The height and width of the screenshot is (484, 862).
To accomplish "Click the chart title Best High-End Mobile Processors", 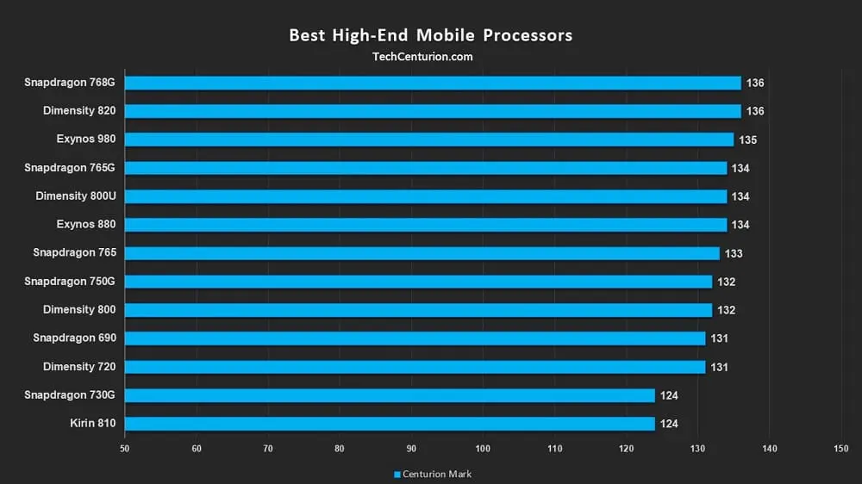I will (x=430, y=35).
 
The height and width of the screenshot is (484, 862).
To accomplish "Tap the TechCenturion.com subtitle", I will (x=422, y=57).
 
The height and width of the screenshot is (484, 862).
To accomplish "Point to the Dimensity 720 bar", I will (x=415, y=367).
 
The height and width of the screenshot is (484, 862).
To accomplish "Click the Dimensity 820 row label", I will (x=79, y=111).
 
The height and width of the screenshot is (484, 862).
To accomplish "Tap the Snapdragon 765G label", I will (x=70, y=168).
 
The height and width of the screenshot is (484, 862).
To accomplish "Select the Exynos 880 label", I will (x=86, y=225).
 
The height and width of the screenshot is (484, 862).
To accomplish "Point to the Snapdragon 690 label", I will (x=74, y=338).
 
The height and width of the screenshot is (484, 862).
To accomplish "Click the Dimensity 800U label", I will (x=76, y=196).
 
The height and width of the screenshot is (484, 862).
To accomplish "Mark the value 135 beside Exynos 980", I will (x=747, y=140).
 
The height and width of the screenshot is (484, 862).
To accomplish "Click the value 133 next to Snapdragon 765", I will (x=734, y=253).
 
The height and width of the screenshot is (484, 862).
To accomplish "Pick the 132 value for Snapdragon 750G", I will (x=726, y=282).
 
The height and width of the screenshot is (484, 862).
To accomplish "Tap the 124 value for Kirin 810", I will (x=669, y=424).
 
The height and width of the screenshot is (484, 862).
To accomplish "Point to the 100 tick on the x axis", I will (x=483, y=448).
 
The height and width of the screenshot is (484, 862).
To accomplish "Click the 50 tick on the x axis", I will (x=125, y=448).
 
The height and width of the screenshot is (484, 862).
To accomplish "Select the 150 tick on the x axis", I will (x=841, y=448).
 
